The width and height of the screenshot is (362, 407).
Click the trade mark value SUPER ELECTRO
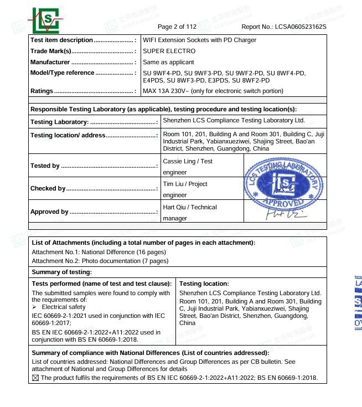(169, 51)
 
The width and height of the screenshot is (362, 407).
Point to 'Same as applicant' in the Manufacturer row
(168, 63)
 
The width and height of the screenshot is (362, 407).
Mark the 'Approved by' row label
(49, 212)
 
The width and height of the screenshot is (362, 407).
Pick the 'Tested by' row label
(45, 166)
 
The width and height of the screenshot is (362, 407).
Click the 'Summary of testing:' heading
(61, 272)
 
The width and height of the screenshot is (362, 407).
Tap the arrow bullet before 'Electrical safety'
(34, 307)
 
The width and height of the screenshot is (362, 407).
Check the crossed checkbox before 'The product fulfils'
(36, 378)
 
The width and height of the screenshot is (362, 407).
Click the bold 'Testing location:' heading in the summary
(204, 284)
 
